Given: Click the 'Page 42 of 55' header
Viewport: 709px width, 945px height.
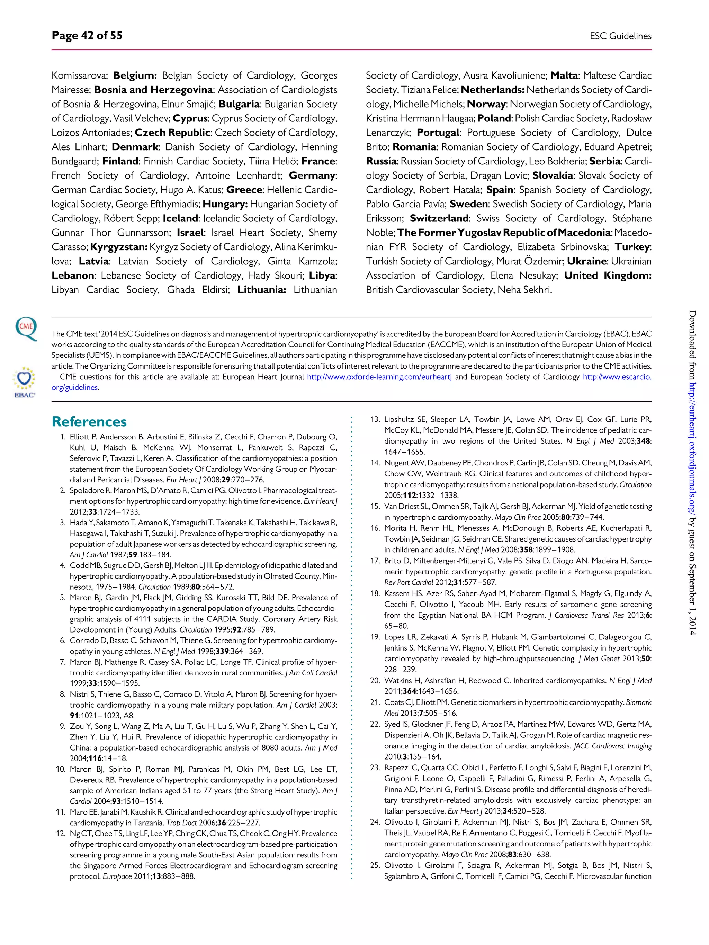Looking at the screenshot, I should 87,35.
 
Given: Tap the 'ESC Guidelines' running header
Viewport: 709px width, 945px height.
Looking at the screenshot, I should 620,36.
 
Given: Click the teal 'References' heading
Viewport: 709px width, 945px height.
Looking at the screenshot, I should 89,422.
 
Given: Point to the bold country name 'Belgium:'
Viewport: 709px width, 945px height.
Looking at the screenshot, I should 135,76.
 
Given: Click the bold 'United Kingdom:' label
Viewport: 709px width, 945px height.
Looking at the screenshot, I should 607,275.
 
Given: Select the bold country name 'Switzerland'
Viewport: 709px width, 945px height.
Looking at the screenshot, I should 439,218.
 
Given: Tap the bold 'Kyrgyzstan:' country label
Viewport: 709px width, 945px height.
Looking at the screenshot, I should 119,247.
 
